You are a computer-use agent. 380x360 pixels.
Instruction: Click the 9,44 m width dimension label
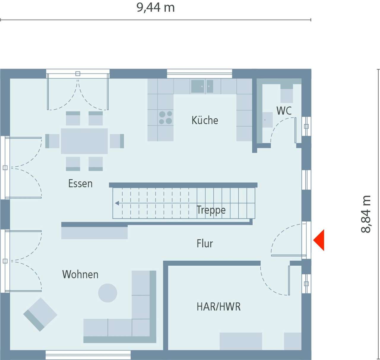(156, 8)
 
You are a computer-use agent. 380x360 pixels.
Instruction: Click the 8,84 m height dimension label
(366, 214)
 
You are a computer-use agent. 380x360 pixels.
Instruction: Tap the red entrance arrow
(319, 240)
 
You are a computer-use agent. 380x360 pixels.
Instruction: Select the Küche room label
(205, 120)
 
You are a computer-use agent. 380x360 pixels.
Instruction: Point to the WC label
(284, 111)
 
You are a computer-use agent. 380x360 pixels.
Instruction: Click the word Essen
(80, 184)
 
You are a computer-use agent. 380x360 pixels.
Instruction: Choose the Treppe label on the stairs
(211, 210)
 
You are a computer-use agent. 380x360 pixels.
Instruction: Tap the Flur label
(205, 243)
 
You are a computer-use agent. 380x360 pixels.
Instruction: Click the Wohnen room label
(80, 274)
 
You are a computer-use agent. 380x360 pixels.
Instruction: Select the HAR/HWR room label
(218, 306)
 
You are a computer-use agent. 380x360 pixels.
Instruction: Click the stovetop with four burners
(165, 117)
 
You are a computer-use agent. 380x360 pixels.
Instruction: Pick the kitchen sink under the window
(202, 86)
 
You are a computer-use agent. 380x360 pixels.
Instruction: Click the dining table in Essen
(84, 141)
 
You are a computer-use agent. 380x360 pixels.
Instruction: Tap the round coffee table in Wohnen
(108, 293)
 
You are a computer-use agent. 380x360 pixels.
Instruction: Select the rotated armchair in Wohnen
(40, 314)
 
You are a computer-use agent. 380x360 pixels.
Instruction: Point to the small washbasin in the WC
(267, 120)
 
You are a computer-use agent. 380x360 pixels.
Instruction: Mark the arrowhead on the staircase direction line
(117, 203)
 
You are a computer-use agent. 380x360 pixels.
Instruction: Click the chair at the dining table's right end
(117, 141)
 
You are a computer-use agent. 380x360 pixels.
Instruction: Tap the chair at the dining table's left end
(52, 141)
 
